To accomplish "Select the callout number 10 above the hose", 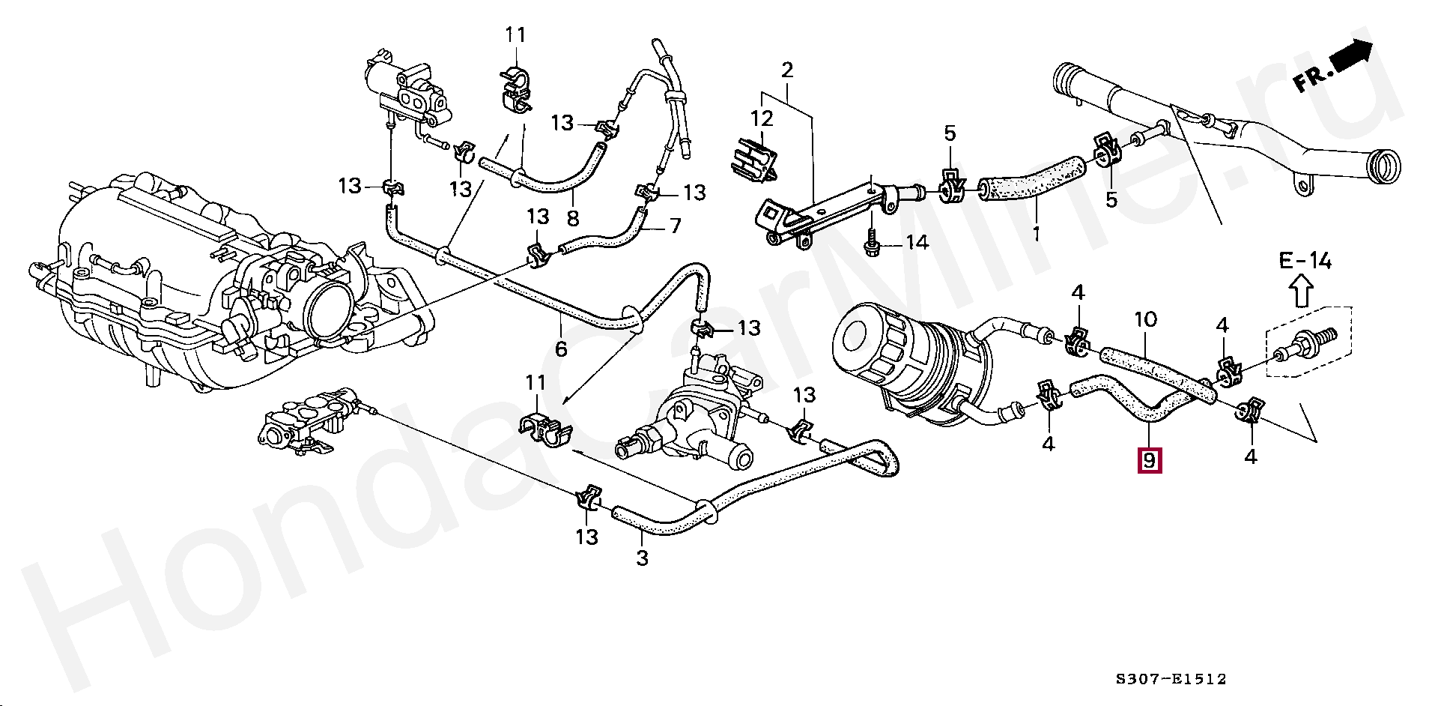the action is tap(1145, 320).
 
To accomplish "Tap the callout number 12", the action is tap(762, 118).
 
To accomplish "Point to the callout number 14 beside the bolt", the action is tap(917, 242).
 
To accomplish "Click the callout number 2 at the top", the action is tap(787, 70).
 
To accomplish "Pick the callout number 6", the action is tap(561, 349).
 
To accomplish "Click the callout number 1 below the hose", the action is tap(1037, 234).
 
